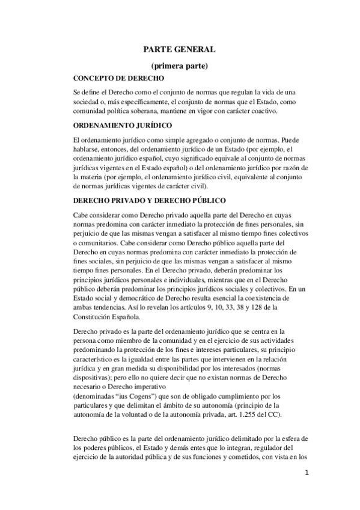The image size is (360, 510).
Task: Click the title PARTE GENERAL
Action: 179,52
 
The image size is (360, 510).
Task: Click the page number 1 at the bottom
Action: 306,473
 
